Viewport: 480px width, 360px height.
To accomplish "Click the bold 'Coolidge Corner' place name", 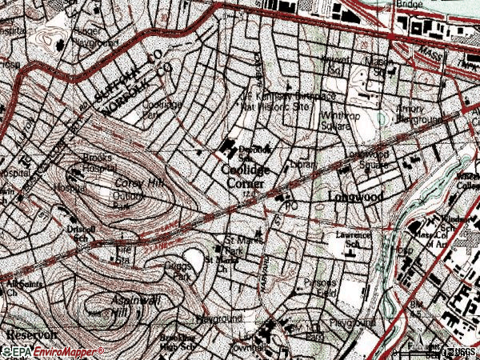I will tap(246, 176).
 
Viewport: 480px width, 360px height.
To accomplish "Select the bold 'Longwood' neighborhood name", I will tap(357, 195).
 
